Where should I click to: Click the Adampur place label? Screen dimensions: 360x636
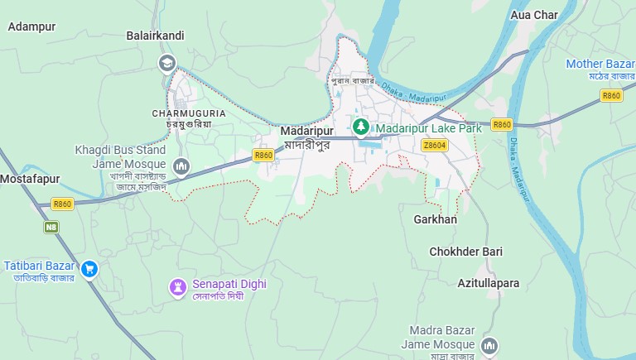point(31,26)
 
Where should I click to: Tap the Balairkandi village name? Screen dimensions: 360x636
point(155,36)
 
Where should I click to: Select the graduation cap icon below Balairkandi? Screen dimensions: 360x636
point(167,62)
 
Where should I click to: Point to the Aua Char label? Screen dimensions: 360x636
point(534,15)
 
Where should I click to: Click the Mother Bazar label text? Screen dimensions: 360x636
point(599,64)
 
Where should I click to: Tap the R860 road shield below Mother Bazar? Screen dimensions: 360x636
point(611,96)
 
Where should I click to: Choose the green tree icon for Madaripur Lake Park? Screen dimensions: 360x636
point(360,127)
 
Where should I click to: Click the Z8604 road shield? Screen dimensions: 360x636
point(434,145)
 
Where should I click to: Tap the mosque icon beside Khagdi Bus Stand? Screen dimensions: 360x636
point(183,168)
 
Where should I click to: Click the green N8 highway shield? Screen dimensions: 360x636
point(51,225)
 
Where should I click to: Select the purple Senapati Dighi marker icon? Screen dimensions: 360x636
point(177,286)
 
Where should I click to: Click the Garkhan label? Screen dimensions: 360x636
point(435,219)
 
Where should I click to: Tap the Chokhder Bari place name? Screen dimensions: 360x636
point(465,251)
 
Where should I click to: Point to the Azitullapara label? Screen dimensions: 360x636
point(489,283)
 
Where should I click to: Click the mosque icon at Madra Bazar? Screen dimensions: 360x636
point(489,344)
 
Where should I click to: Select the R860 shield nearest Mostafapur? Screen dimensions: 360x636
point(62,204)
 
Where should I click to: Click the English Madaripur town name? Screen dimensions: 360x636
point(306,132)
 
